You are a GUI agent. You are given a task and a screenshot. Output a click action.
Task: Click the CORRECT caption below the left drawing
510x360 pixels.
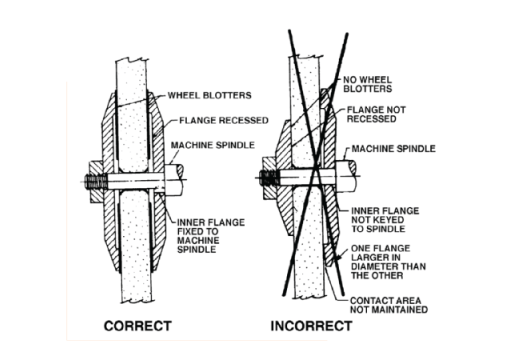[x=139, y=325]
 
